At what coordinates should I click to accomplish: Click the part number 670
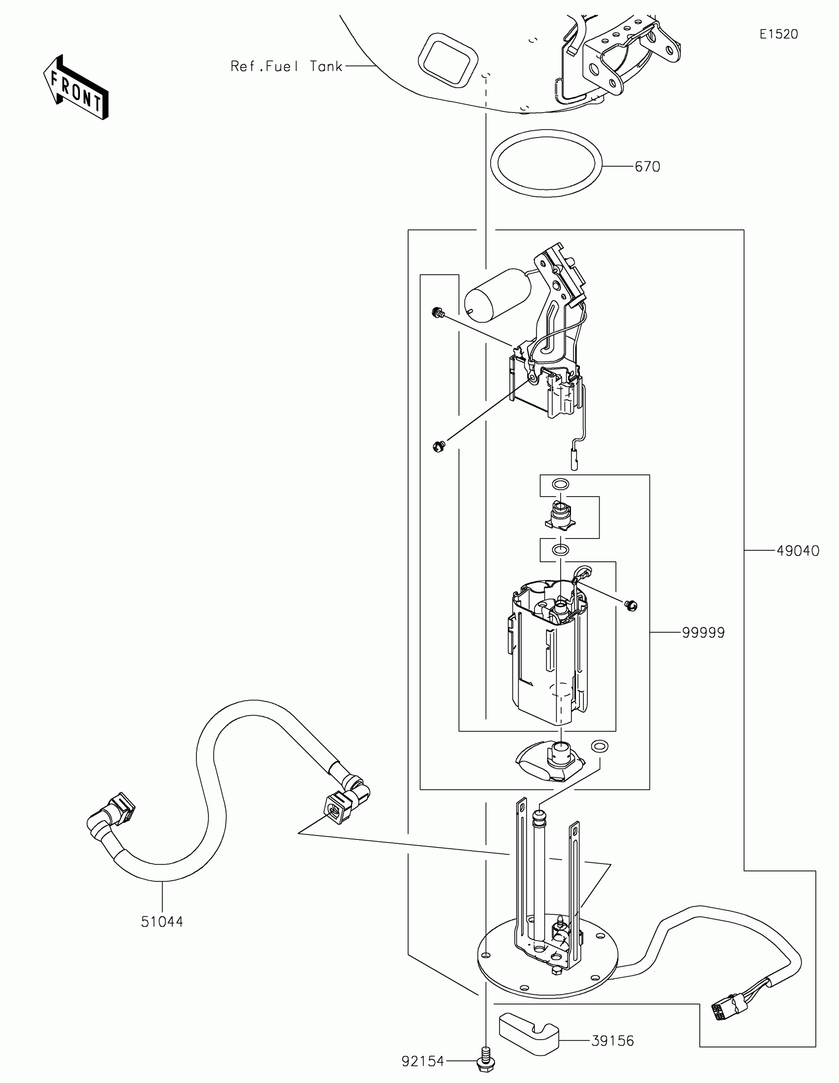point(648,167)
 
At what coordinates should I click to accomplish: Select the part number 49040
point(798,551)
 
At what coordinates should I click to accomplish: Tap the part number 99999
point(703,633)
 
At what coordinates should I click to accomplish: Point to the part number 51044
point(162,922)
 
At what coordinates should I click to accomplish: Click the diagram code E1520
point(778,34)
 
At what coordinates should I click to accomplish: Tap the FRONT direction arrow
point(76,88)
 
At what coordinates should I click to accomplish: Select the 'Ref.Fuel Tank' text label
point(286,67)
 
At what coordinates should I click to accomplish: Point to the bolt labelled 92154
point(486,1060)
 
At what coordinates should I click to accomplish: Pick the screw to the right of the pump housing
point(631,605)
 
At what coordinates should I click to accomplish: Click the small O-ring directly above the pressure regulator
point(561,484)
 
